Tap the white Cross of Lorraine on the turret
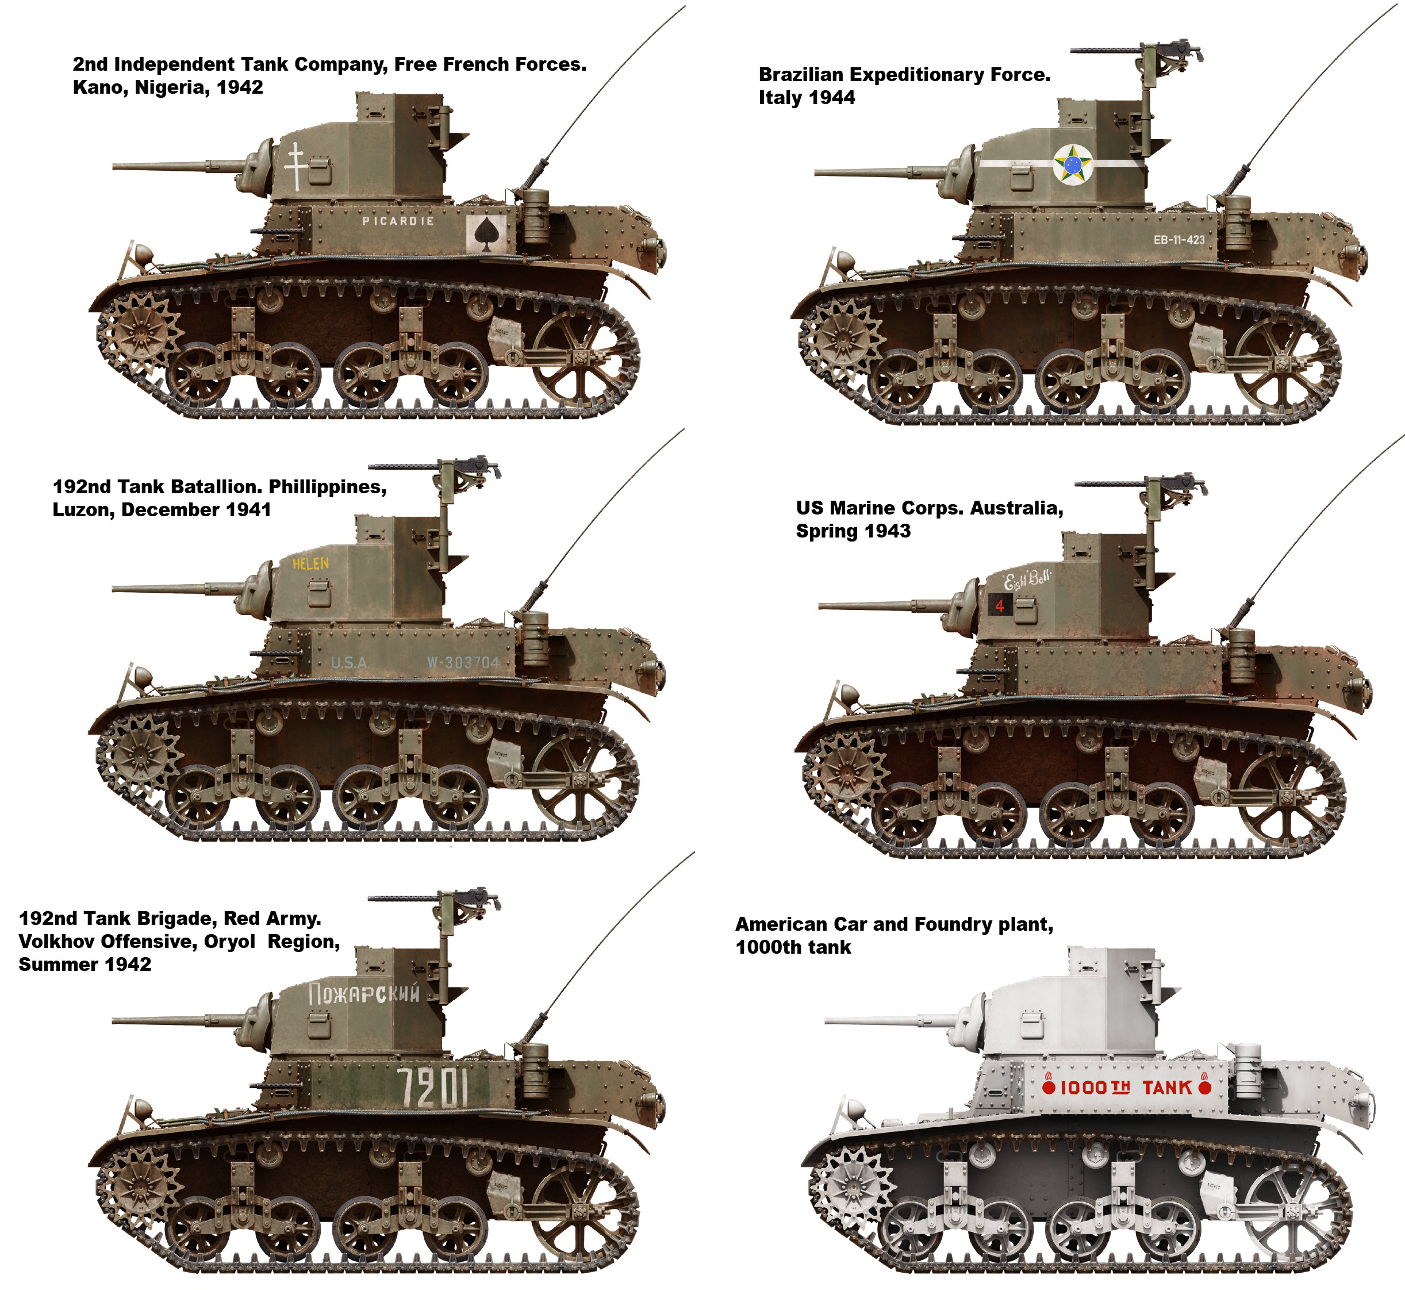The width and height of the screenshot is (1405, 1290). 295,166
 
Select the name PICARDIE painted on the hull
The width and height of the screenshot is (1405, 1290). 398,221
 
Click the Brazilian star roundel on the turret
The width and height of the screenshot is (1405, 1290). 1073,164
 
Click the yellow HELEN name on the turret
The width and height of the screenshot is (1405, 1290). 310,563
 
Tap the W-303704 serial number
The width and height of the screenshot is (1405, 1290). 463,662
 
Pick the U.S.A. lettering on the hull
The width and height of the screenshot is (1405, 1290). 350,662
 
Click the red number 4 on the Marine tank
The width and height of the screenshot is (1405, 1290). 1000,606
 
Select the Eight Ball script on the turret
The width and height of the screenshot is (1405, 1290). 1027,579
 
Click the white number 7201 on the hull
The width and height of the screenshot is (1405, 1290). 433,1088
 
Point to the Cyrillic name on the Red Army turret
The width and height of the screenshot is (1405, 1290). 364,993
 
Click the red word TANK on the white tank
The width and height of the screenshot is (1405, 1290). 1167,1088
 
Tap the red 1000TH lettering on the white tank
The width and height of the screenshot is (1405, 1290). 1095,1088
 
